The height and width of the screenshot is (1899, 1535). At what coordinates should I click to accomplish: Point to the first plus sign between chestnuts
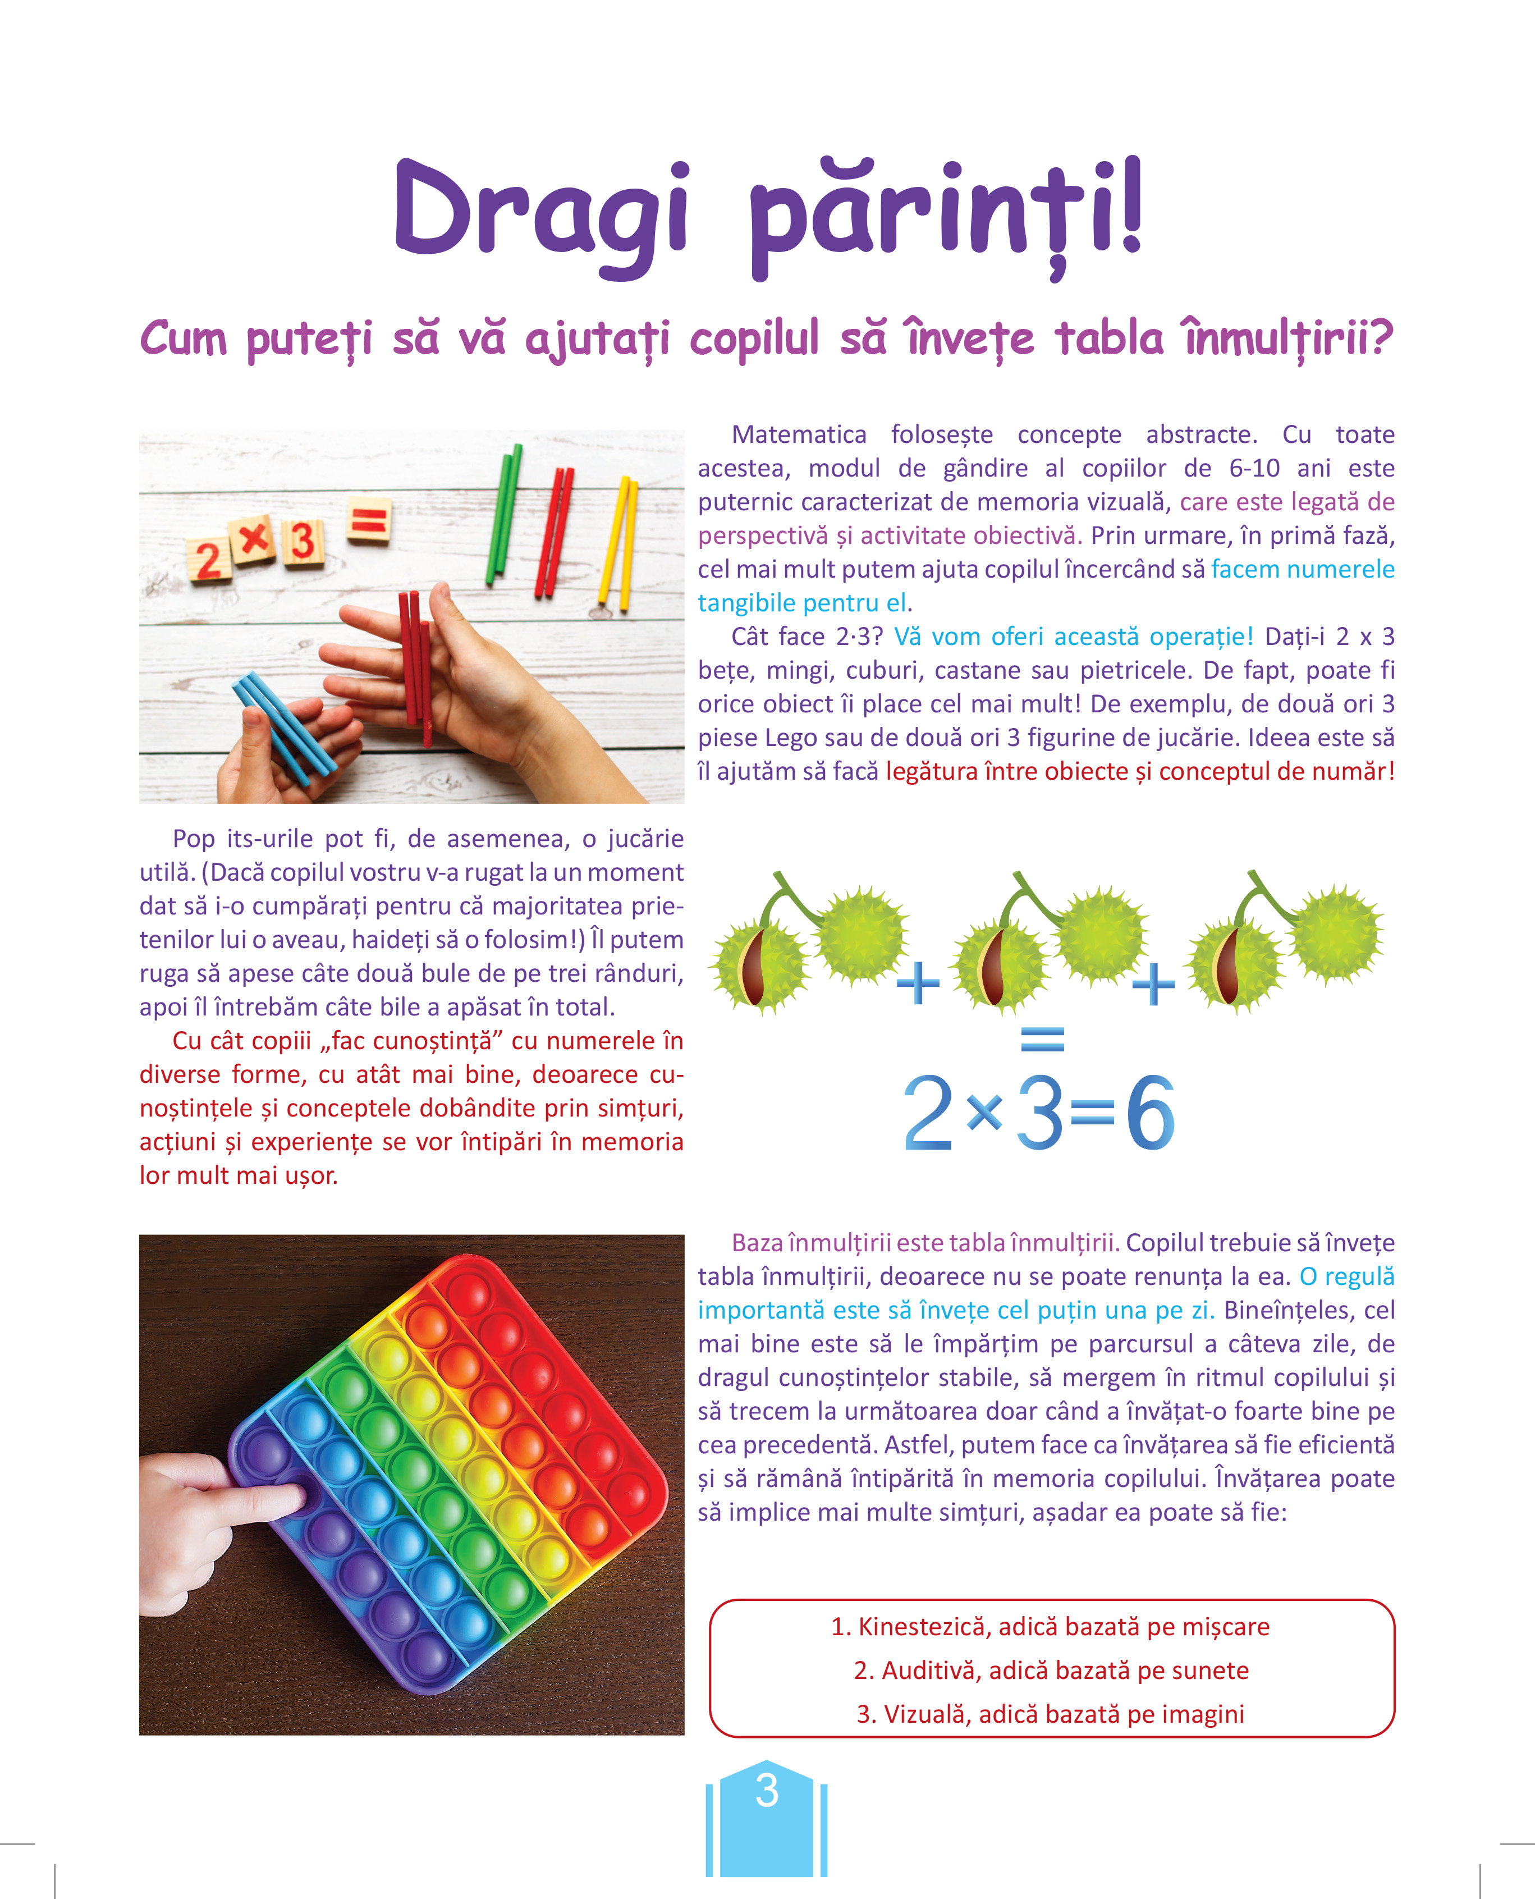(x=918, y=983)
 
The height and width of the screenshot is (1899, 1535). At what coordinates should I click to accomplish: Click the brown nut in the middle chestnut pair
(x=992, y=966)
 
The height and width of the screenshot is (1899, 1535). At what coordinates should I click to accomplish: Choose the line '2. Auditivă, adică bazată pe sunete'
(x=1051, y=1670)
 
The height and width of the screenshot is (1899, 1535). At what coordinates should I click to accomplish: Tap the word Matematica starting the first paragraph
(x=799, y=434)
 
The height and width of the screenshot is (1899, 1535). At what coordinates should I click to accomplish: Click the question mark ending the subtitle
(x=1381, y=337)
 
